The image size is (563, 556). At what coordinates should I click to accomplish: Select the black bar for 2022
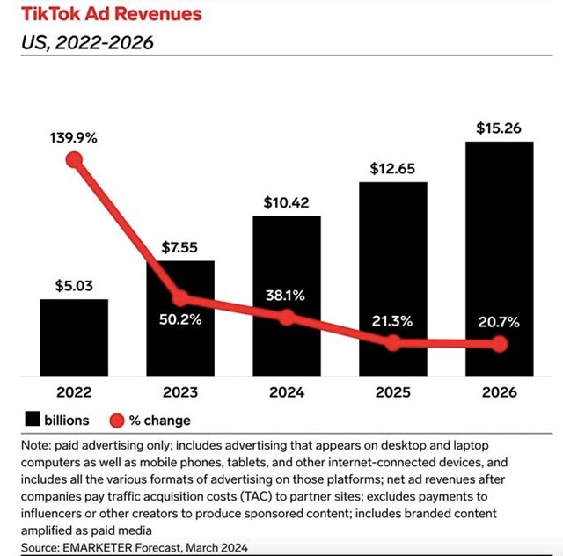(74, 338)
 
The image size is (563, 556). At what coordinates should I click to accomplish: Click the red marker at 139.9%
(74, 160)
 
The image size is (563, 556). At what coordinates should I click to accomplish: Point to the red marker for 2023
(180, 297)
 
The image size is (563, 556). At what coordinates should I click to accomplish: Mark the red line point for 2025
(393, 342)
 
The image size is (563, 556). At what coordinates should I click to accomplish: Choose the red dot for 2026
(500, 343)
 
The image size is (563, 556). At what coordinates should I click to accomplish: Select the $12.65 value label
(393, 168)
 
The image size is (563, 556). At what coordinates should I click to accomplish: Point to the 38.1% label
(287, 296)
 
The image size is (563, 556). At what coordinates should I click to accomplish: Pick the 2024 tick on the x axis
(287, 391)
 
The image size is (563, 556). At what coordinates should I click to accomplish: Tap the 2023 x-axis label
(180, 391)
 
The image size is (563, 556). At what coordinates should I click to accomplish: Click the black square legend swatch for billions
(33, 420)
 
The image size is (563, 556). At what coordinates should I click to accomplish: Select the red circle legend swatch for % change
(115, 420)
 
